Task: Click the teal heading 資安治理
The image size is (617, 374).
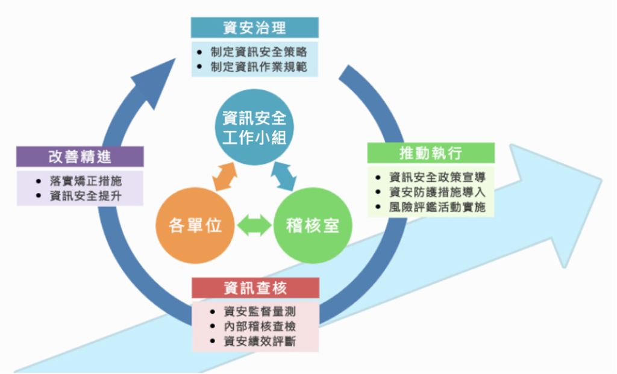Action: [254, 28]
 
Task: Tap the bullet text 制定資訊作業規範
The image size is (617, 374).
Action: [258, 67]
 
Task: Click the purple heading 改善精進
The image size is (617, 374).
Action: [80, 157]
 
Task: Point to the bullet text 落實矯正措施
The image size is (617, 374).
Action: [86, 180]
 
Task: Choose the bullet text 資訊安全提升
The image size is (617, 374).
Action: [86, 195]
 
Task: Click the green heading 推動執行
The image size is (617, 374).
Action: [430, 152]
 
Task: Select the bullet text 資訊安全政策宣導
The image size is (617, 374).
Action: [437, 177]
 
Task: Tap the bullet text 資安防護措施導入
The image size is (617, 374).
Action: [437, 192]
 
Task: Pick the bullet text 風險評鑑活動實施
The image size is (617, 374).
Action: [437, 207]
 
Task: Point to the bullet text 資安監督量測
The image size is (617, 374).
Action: [260, 311]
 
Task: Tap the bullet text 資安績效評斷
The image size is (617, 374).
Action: [260, 342]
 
